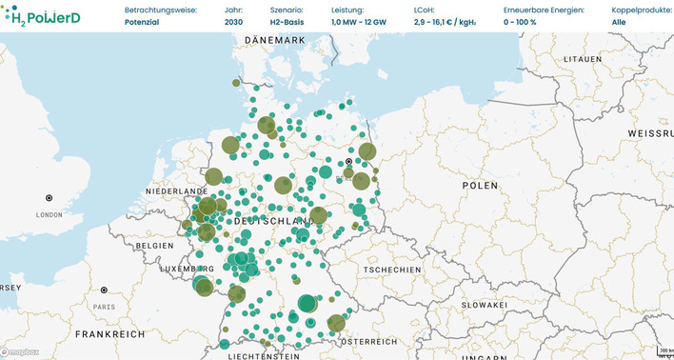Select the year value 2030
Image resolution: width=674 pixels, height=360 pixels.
point(234,21)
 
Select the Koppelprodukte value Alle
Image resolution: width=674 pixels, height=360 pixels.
point(619,21)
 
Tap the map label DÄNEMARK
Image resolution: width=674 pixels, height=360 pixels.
point(274,40)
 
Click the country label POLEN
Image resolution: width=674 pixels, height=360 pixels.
point(479,186)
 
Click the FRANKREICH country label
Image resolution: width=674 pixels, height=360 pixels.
point(111,335)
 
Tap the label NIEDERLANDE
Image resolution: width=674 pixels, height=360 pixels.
point(175,191)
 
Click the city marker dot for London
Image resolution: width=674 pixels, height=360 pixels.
point(49,198)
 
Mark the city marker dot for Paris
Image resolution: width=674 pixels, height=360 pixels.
point(104,290)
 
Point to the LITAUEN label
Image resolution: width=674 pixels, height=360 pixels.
point(584,58)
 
